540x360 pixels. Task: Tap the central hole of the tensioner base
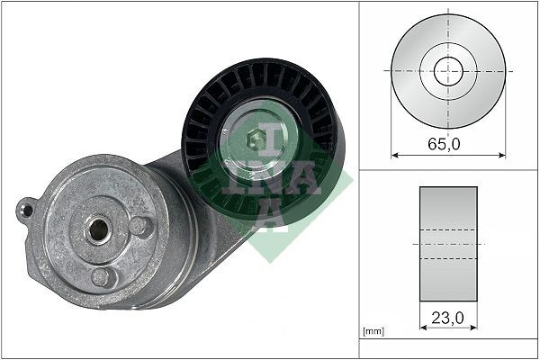pos(95,229)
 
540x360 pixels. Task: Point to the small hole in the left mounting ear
pos(28,211)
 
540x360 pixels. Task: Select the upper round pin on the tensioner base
pos(139,226)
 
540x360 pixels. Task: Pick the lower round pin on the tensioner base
pos(103,276)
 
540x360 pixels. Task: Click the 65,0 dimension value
pos(448,143)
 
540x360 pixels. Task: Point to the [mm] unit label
pos(373,332)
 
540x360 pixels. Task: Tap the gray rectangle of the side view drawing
pos(448,244)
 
